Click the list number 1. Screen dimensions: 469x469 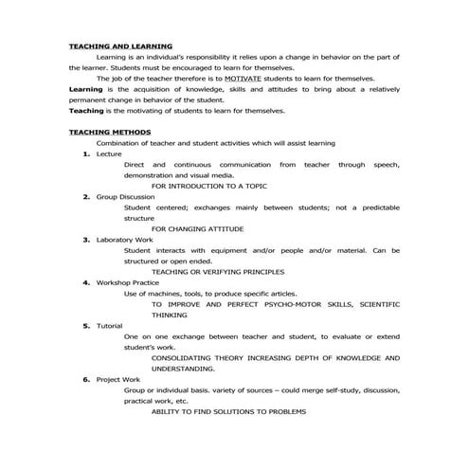pos(86,153)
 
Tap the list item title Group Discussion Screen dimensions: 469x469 pos(126,196)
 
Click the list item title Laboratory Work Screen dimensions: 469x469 pos(126,239)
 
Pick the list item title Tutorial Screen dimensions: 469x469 pos(110,325)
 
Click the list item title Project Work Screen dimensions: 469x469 pos(119,379)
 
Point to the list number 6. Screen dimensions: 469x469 pos(86,379)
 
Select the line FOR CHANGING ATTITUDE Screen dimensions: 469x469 pos(197,228)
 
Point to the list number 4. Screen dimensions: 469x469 pos(86,282)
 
